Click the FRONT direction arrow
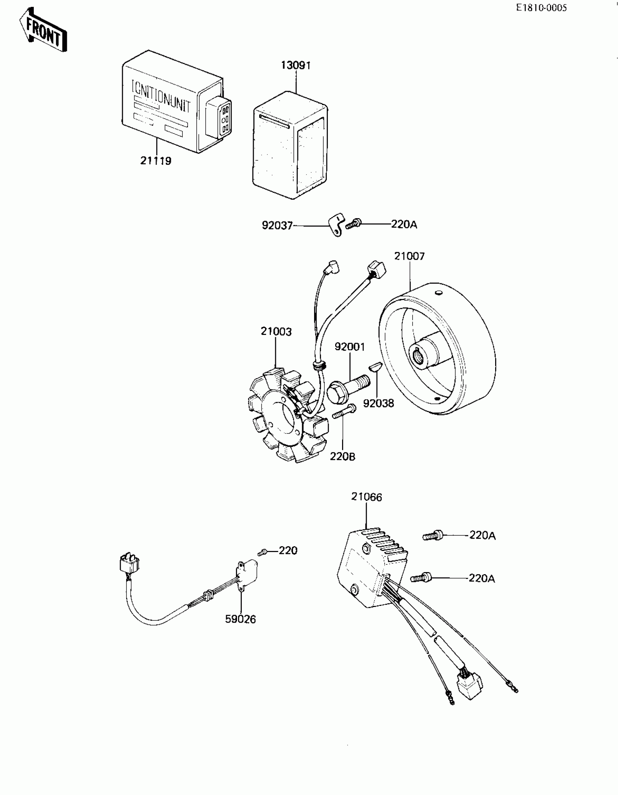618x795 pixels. pyautogui.click(x=43, y=30)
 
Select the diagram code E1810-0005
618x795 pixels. pyautogui.click(x=541, y=8)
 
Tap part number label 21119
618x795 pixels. pyautogui.click(x=156, y=160)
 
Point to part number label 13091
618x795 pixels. pyautogui.click(x=296, y=65)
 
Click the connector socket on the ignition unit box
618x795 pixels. pyautogui.click(x=218, y=119)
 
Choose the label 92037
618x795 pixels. pyautogui.click(x=277, y=226)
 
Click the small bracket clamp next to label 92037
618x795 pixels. pyautogui.click(x=337, y=225)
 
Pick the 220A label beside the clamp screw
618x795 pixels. pyautogui.click(x=404, y=224)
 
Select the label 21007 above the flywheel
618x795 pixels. pyautogui.click(x=409, y=256)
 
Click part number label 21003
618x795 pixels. pyautogui.click(x=276, y=332)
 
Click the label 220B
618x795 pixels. pyautogui.click(x=342, y=456)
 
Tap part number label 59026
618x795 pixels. pyautogui.click(x=240, y=619)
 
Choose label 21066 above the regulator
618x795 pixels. pyautogui.click(x=366, y=497)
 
